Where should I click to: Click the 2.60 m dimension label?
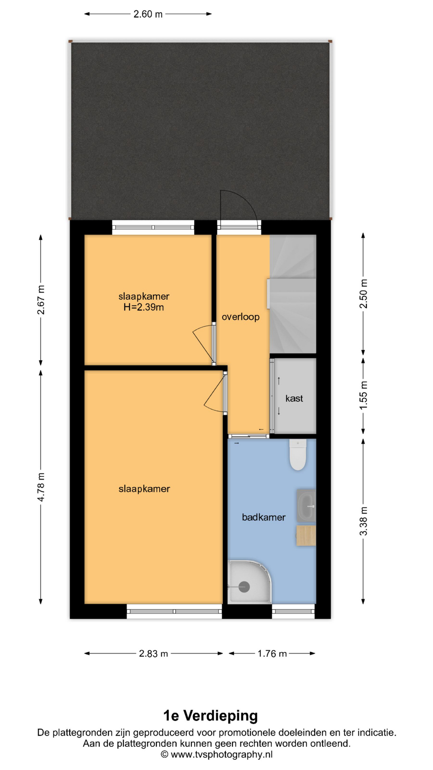[x=148, y=14]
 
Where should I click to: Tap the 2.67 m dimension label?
[x=41, y=300]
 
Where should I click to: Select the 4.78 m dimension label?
[x=41, y=487]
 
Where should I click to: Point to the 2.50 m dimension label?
[x=363, y=294]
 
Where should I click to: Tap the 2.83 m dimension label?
[x=154, y=654]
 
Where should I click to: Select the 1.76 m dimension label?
[x=272, y=654]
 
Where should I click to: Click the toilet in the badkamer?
[x=298, y=454]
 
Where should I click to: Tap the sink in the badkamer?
[x=306, y=506]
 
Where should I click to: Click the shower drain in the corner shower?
[x=244, y=587]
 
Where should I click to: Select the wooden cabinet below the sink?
[x=306, y=536]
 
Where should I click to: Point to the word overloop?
[x=241, y=317]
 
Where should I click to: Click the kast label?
[x=294, y=398]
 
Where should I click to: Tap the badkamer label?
[x=264, y=517]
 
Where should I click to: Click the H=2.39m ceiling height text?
[x=144, y=308]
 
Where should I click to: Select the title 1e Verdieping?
[x=210, y=715]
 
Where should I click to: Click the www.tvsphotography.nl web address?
[x=222, y=754]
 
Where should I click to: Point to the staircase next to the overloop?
[x=293, y=294]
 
